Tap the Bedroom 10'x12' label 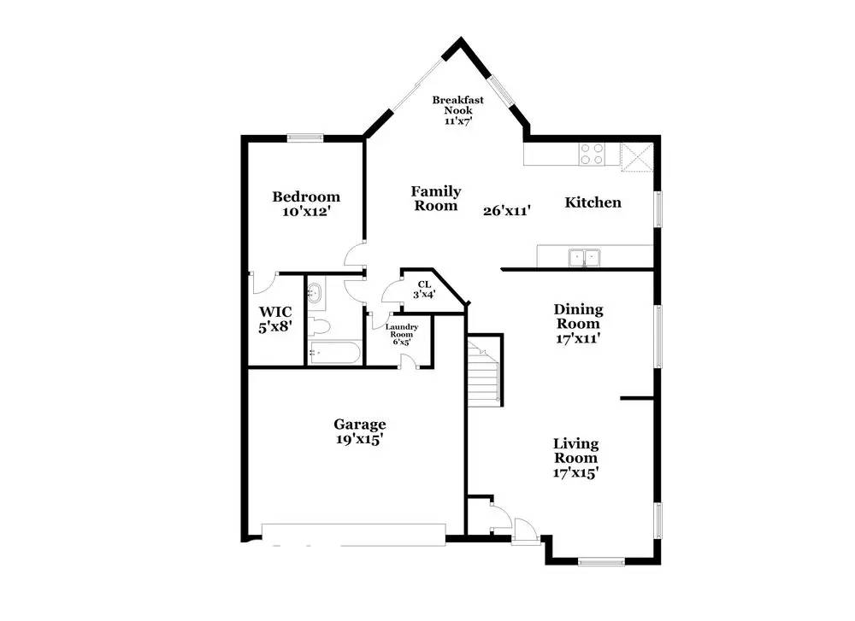coord(305,203)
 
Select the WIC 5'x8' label coord(275,319)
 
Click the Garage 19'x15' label coord(359,431)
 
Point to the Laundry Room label coord(400,333)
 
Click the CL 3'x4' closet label coord(424,290)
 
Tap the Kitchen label coord(593,202)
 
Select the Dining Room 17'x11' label coord(578,323)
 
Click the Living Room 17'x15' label coord(575,458)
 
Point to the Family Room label coord(436,198)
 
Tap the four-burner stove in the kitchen coord(591,154)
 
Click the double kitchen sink coord(585,256)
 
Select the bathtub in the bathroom coord(334,353)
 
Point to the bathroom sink coord(315,294)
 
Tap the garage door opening coord(353,533)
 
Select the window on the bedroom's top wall coord(304,137)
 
